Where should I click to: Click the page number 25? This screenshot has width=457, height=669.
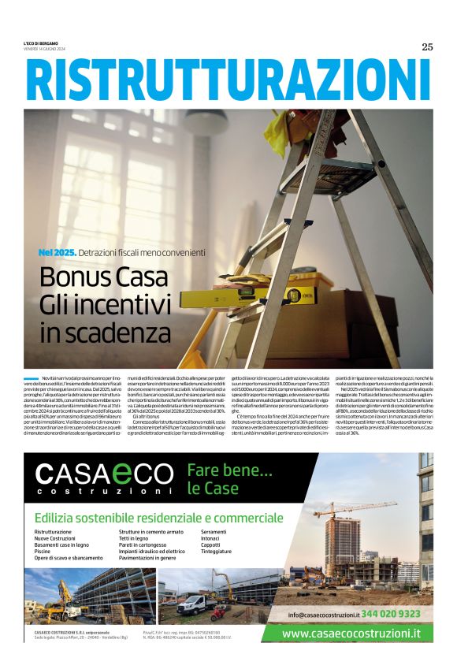click(x=427, y=46)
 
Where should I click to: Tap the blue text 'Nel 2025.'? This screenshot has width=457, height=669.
click(x=58, y=252)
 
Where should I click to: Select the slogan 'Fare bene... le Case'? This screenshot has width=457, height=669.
click(x=229, y=480)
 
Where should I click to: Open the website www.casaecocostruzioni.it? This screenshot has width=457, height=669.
click(x=351, y=633)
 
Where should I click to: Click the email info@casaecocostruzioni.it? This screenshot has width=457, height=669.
click(x=323, y=614)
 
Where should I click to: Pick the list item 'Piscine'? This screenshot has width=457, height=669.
click(x=43, y=552)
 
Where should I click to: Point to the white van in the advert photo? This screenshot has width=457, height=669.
click(x=194, y=605)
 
